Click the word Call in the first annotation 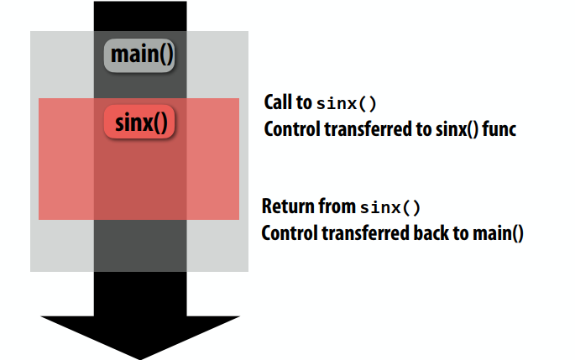(x=279, y=103)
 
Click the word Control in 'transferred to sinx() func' (x=290, y=130)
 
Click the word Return (x=286, y=206)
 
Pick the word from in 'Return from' (x=336, y=206)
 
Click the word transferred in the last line (x=363, y=233)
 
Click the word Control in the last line (x=288, y=233)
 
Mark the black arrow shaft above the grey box (x=140, y=16)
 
